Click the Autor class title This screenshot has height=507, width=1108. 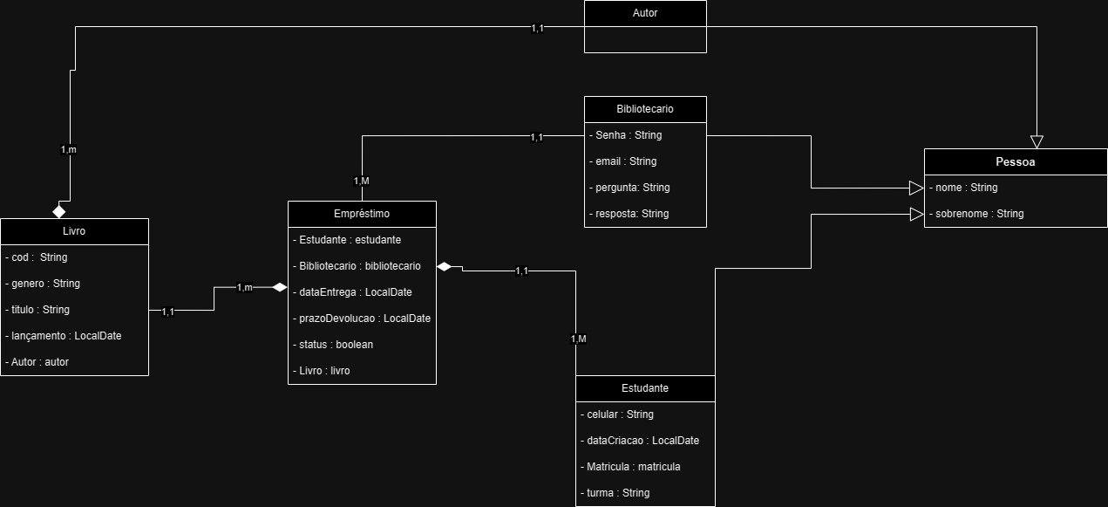(645, 13)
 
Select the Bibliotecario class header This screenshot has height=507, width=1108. (645, 109)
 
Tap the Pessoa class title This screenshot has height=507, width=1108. (1015, 162)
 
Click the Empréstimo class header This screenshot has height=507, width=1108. (362, 214)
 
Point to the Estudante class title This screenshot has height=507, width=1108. (645, 388)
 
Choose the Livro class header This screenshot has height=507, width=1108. (74, 231)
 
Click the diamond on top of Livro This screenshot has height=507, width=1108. (59, 212)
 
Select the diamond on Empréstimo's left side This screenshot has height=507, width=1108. (280, 287)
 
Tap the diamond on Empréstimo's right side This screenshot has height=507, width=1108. (445, 266)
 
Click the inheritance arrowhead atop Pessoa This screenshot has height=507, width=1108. (1037, 141)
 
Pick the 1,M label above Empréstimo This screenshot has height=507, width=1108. (362, 181)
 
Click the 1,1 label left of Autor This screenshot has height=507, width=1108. (537, 28)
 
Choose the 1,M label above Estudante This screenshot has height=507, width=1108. (578, 339)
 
